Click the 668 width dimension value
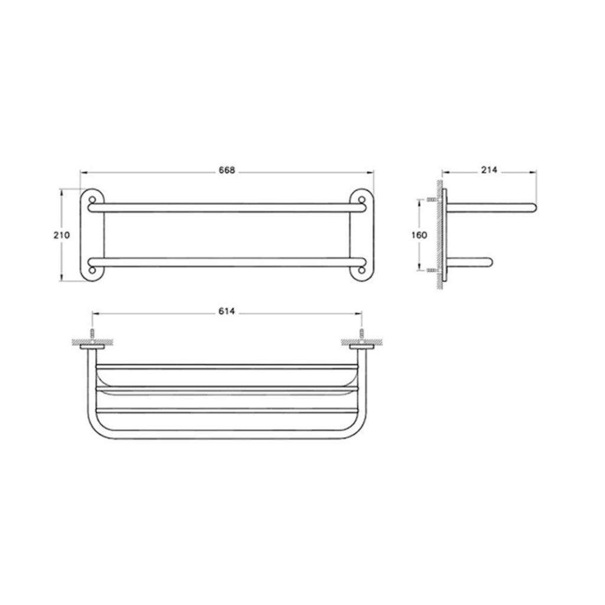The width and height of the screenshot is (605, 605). pyautogui.click(x=227, y=170)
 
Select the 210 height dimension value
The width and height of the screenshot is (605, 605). pyautogui.click(x=61, y=235)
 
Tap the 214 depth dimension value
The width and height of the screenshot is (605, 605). pyautogui.click(x=489, y=170)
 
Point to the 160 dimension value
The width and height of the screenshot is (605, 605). pyautogui.click(x=419, y=235)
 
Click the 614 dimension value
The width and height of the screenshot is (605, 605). pyautogui.click(x=226, y=311)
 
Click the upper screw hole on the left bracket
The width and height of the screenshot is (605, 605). pyautogui.click(x=92, y=200)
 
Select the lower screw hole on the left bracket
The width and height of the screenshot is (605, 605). pyautogui.click(x=92, y=270)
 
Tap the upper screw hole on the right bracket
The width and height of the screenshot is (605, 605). pyautogui.click(x=362, y=200)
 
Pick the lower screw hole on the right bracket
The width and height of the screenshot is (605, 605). pyautogui.click(x=362, y=270)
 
